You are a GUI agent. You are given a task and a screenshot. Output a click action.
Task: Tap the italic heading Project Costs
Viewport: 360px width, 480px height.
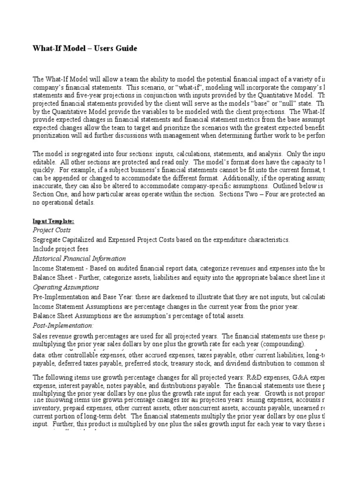(52, 230)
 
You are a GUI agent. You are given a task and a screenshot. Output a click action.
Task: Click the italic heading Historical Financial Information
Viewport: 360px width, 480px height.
(79, 258)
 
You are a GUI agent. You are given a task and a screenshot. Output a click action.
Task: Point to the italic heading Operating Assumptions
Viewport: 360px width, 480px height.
(66, 287)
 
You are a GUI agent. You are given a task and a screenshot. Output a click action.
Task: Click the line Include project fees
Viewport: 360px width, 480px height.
(60, 249)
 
